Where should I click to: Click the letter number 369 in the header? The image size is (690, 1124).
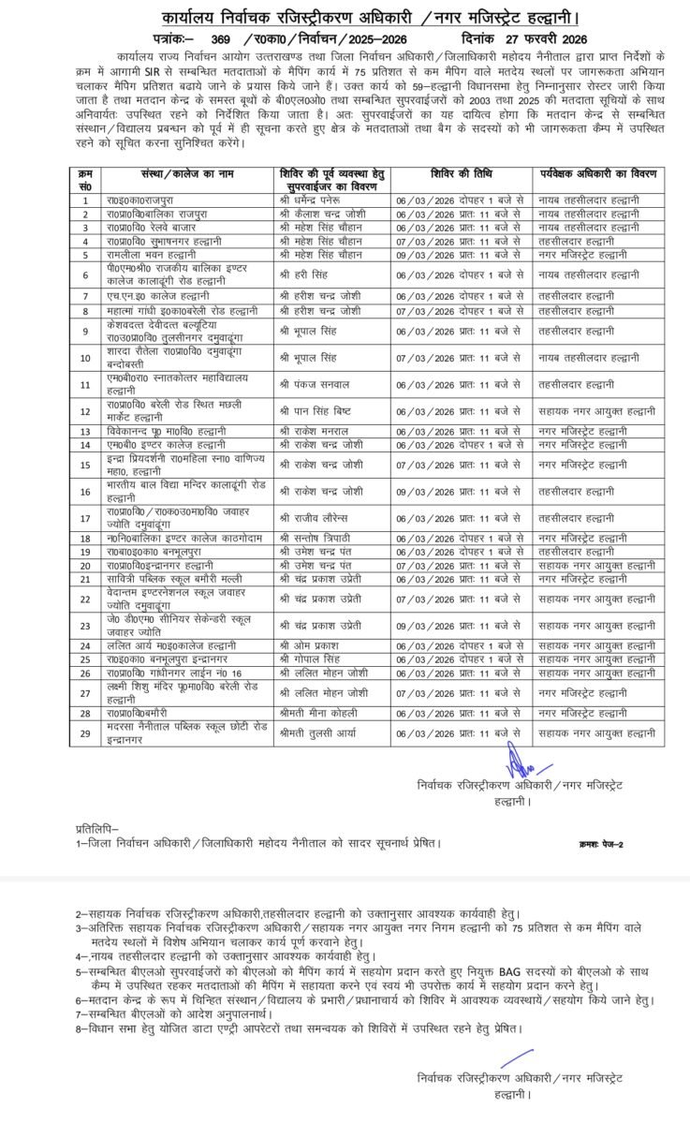click(x=221, y=39)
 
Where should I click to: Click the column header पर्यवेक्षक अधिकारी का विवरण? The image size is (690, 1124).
click(x=599, y=174)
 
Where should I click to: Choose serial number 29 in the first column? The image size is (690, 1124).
click(x=85, y=732)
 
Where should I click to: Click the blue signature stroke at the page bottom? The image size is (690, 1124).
click(x=510, y=1060)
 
